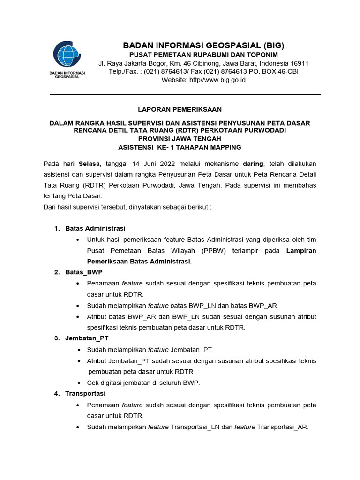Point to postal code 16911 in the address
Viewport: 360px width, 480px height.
[x=299, y=63]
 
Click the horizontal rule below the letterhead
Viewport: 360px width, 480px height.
[x=185, y=95]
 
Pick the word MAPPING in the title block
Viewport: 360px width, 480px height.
[x=223, y=147]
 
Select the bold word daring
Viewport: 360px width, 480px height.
[x=253, y=164]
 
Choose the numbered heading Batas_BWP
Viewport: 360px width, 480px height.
[x=84, y=272]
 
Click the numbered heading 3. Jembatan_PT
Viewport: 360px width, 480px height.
[x=87, y=338]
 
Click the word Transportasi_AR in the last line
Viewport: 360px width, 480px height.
[x=282, y=427]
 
